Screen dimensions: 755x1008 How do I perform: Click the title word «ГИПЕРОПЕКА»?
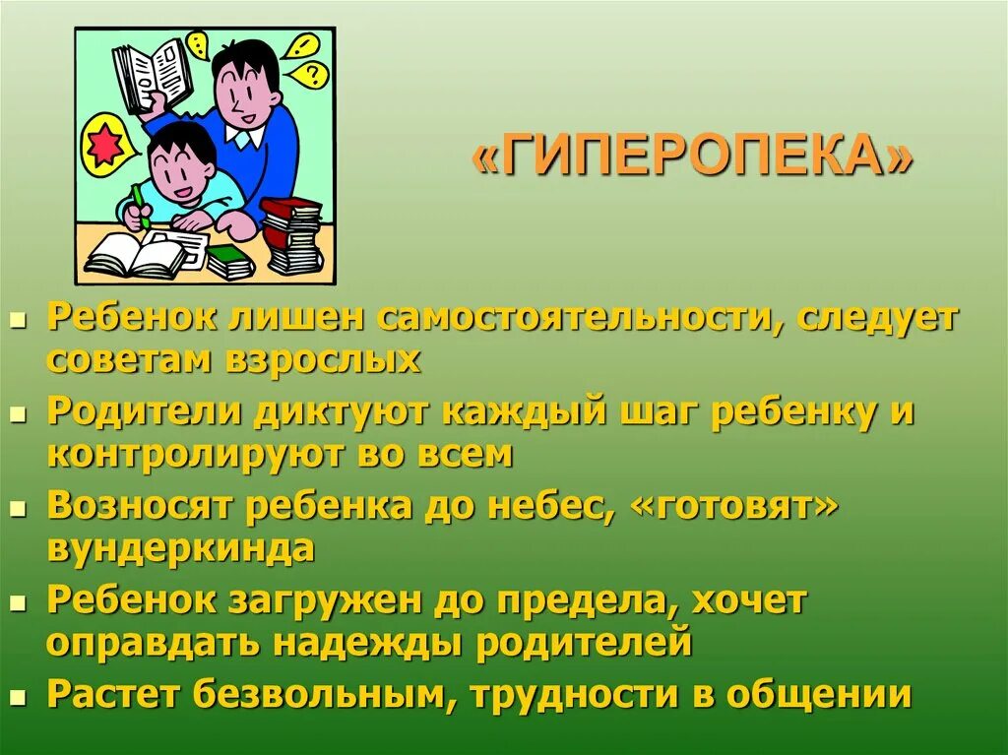tap(693, 157)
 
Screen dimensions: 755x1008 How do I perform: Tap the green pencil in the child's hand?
tap(141, 208)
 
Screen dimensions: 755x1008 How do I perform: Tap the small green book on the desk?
tap(230, 261)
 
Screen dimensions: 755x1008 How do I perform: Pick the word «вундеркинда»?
tap(180, 546)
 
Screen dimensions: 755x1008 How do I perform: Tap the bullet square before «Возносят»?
tap(18, 509)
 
